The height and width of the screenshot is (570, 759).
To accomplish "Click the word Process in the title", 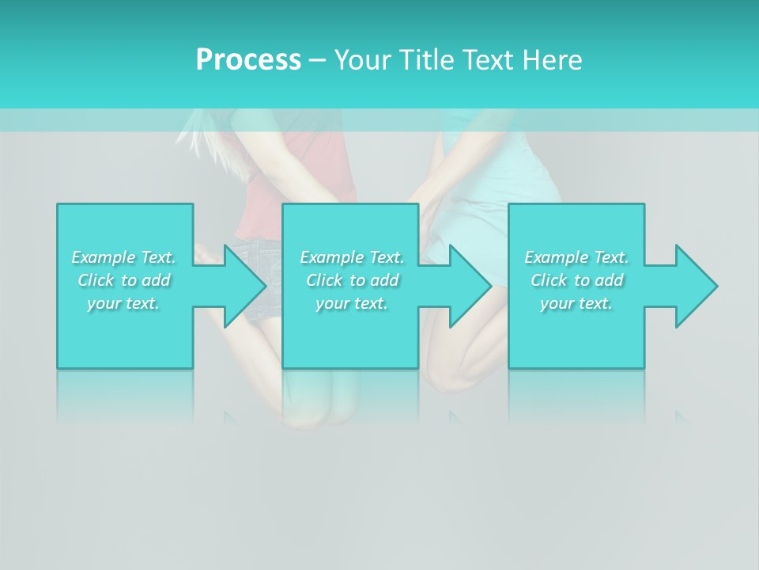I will click(x=248, y=60).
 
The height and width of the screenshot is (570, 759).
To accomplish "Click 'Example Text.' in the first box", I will click(x=123, y=257).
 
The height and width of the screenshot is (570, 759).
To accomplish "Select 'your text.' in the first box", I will click(x=123, y=303).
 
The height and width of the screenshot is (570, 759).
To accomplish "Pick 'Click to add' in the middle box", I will click(x=352, y=280).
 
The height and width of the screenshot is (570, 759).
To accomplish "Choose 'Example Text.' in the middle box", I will click(x=352, y=257).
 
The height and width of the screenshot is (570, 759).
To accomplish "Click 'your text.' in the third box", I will click(x=576, y=303).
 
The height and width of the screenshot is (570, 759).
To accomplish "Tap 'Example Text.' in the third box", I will click(x=576, y=257).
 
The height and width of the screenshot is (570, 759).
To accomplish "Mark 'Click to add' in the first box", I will click(x=123, y=280).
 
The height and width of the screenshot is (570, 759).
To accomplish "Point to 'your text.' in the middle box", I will click(x=352, y=303).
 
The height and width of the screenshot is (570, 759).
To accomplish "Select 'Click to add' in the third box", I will click(x=576, y=280).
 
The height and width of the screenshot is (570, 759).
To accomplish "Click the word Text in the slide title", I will click(x=484, y=60).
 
